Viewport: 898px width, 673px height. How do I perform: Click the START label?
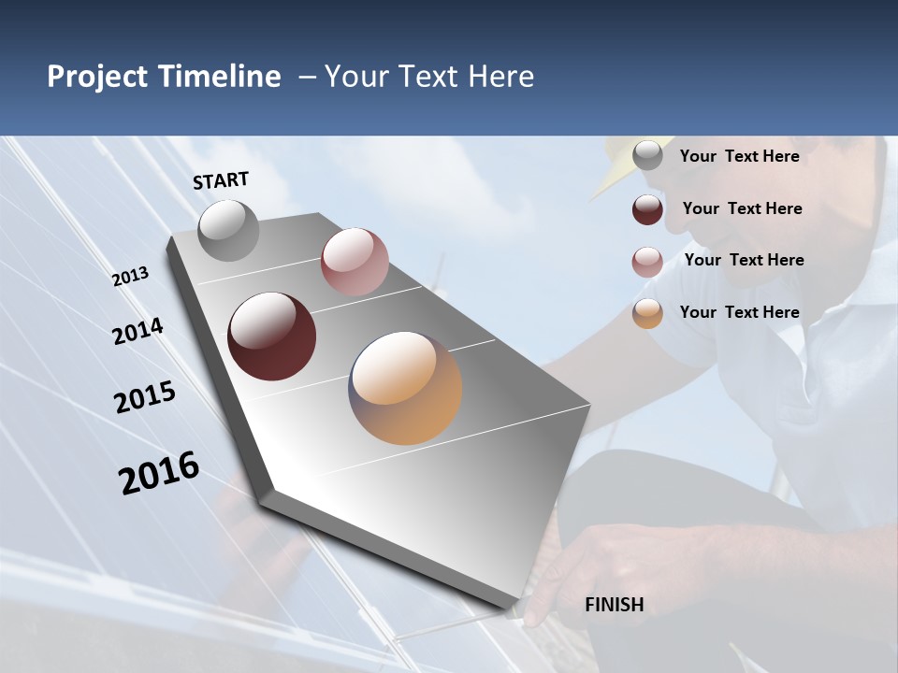[221, 180]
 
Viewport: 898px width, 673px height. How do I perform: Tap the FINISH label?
[615, 605]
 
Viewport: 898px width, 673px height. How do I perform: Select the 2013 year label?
[131, 277]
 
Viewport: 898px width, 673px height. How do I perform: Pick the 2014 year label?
[138, 332]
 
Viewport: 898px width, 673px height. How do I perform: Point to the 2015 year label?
[145, 397]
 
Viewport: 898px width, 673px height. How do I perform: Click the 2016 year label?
[159, 473]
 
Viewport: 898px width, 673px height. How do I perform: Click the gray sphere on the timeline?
[228, 230]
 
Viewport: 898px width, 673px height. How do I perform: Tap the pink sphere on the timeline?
[355, 262]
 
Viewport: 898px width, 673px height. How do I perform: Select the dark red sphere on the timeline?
[271, 336]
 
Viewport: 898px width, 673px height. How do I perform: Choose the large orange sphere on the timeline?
[405, 388]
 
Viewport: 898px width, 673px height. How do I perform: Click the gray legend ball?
[647, 156]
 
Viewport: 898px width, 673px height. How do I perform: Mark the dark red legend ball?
[647, 209]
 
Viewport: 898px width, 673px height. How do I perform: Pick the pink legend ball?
[647, 262]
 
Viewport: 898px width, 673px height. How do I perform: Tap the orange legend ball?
[647, 314]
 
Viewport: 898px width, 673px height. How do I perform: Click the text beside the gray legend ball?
[739, 156]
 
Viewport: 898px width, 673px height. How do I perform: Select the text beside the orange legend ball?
[739, 312]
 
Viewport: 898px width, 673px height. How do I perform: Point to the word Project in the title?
[98, 77]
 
